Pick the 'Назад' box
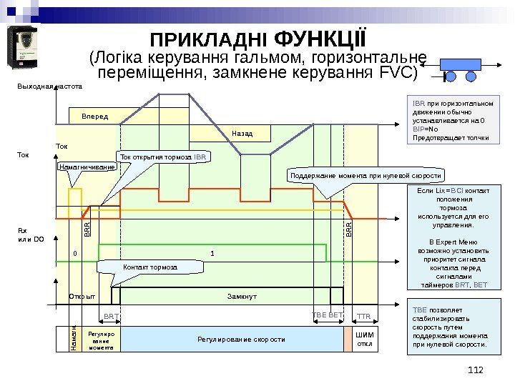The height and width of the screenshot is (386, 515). point(242,133)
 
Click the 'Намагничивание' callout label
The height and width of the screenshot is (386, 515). point(87,167)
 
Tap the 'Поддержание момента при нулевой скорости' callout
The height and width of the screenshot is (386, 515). point(366,175)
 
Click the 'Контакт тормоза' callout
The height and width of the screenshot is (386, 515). point(150,267)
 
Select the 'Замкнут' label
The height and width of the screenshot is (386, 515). point(242,295)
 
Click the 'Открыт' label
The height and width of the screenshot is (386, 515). point(82,295)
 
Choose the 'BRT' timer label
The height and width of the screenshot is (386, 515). point(111,315)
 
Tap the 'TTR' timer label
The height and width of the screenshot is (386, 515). point(363,315)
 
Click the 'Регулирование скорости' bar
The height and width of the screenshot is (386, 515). point(241,339)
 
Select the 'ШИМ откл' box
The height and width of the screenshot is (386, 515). point(364,339)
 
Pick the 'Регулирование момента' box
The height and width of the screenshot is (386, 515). point(101,339)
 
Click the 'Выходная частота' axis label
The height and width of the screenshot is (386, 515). point(48,86)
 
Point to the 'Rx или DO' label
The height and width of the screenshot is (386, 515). point(31,234)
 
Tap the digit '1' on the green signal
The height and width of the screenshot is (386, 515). point(212,253)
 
